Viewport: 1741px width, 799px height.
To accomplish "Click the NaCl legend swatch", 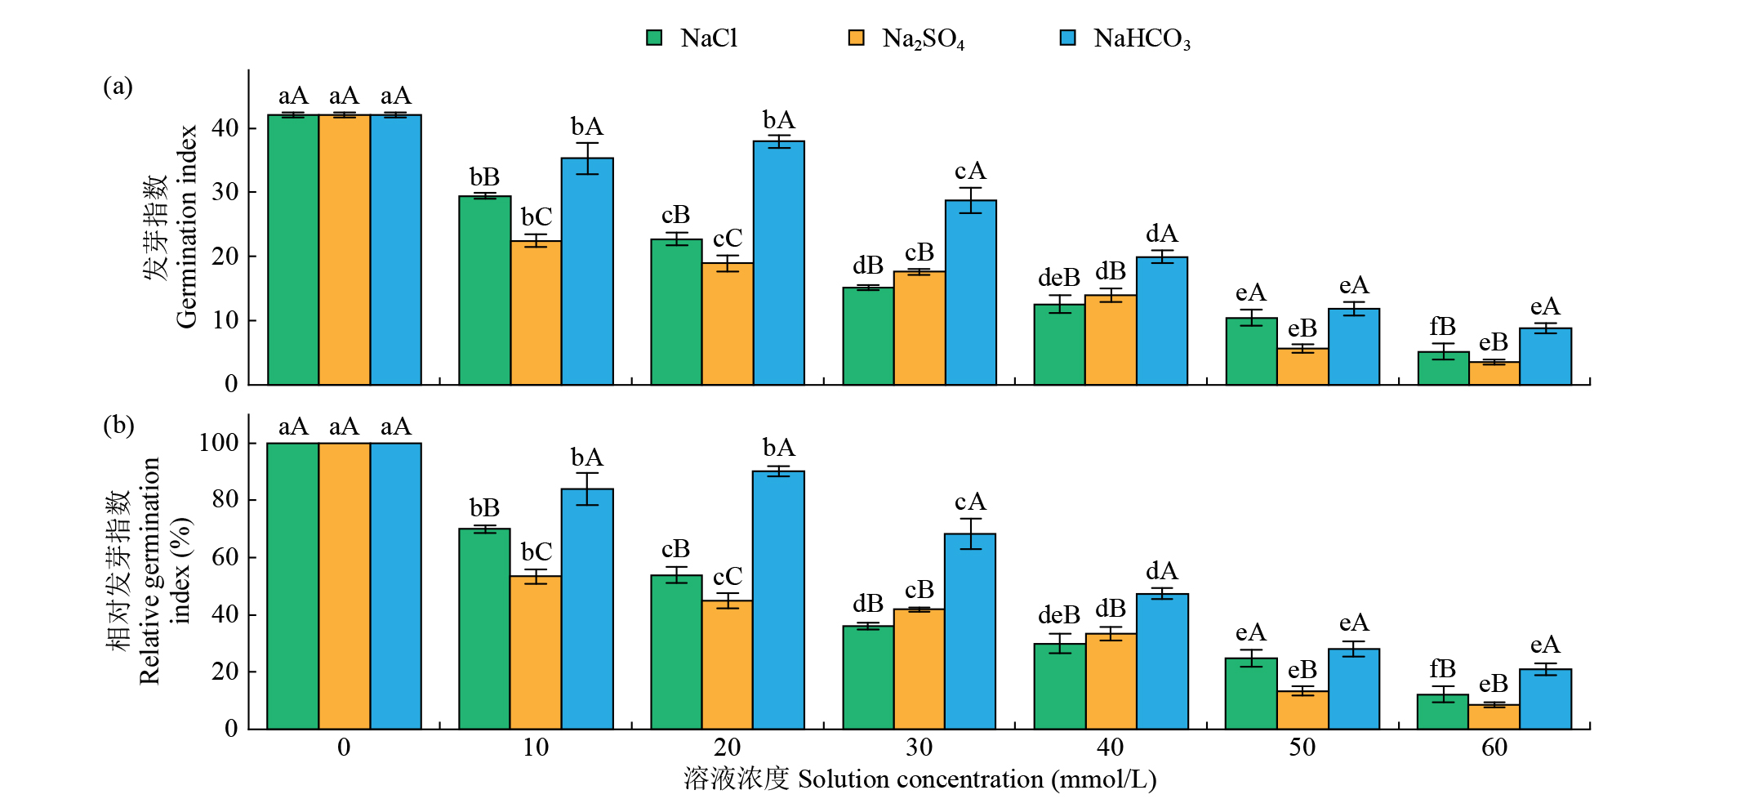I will [x=654, y=38].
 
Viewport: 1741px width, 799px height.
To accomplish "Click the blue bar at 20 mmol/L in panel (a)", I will [x=779, y=261].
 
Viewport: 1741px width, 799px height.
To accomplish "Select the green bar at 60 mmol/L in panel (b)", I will [x=1443, y=712].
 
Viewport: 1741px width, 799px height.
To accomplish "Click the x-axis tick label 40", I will [x=1110, y=748].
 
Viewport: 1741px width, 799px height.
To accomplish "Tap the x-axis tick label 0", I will [x=344, y=748].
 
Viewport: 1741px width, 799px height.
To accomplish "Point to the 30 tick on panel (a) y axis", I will [x=225, y=192].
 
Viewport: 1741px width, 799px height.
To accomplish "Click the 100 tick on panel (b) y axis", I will [x=219, y=443].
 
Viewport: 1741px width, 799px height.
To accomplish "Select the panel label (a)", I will [x=118, y=87].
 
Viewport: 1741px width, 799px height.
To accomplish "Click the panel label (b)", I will [x=118, y=426].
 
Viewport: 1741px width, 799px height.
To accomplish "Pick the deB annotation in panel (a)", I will [x=1059, y=279].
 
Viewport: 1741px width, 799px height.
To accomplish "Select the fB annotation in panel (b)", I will [x=1443, y=669].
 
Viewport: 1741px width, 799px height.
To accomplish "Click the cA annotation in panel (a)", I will [x=970, y=172].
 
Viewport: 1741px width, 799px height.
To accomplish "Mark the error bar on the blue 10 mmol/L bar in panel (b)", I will [x=587, y=489].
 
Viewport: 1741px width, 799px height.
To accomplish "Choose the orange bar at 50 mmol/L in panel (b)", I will [x=1302, y=710].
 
